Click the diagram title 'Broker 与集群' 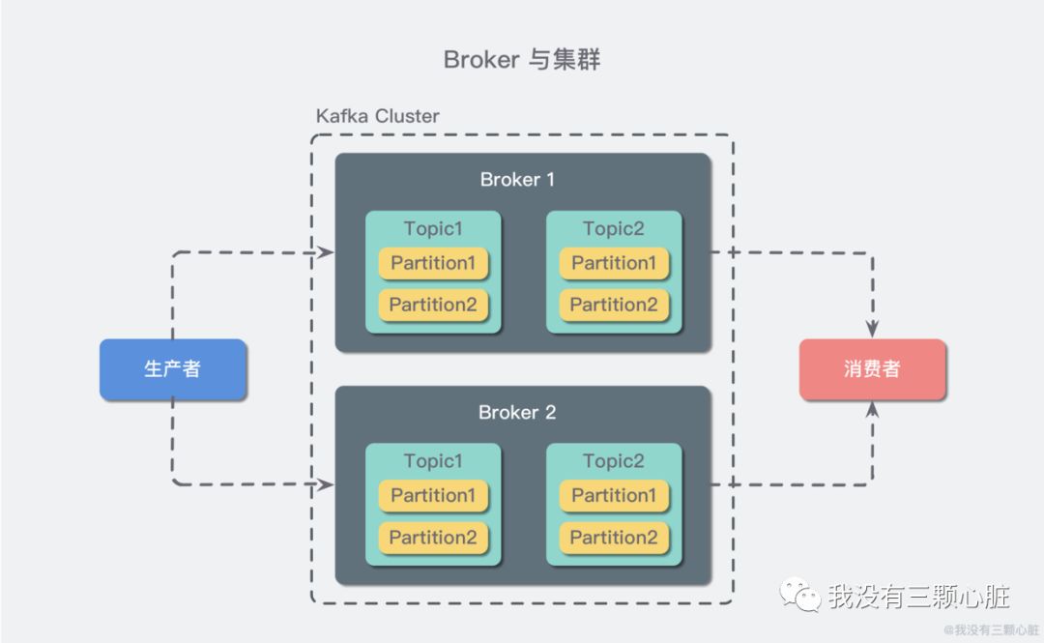tap(522, 60)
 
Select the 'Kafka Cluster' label tap(377, 116)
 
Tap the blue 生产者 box tap(173, 369)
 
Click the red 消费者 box tap(872, 369)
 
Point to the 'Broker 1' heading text tap(517, 180)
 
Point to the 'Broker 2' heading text tap(517, 413)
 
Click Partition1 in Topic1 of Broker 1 tap(433, 263)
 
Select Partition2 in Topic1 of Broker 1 tap(433, 305)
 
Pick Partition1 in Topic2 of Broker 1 tap(614, 263)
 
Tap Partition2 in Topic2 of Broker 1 tap(614, 305)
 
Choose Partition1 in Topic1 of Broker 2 tap(433, 495)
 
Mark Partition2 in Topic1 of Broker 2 tap(433, 538)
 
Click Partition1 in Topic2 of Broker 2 tap(614, 495)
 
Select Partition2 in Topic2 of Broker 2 tap(614, 538)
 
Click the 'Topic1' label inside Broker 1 tap(433, 229)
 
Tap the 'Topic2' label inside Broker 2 tap(614, 461)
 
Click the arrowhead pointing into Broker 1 tap(327, 253)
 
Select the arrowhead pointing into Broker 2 tap(327, 483)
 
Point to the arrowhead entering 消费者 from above tap(873, 329)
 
